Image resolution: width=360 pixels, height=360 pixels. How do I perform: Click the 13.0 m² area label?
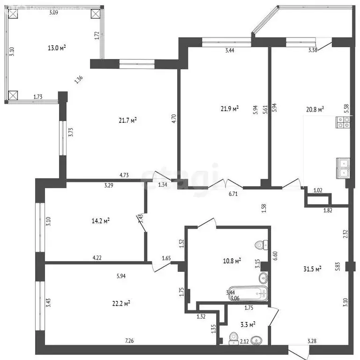coord(57,47)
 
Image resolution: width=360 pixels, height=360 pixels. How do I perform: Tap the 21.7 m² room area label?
coord(127,120)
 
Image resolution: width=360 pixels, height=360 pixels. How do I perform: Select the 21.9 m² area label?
coord(230,109)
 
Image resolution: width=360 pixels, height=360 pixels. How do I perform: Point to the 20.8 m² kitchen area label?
coord(315,110)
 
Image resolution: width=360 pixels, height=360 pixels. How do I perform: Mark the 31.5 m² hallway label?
coord(312,269)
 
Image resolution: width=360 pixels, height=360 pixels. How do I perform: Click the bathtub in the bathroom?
coord(248,293)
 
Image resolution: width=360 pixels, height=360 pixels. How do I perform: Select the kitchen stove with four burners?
coord(343,122)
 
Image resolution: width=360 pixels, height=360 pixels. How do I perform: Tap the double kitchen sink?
coord(343,168)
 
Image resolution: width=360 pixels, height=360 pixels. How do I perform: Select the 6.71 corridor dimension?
coord(233,194)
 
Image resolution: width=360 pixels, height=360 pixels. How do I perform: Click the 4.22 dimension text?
coord(97,257)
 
